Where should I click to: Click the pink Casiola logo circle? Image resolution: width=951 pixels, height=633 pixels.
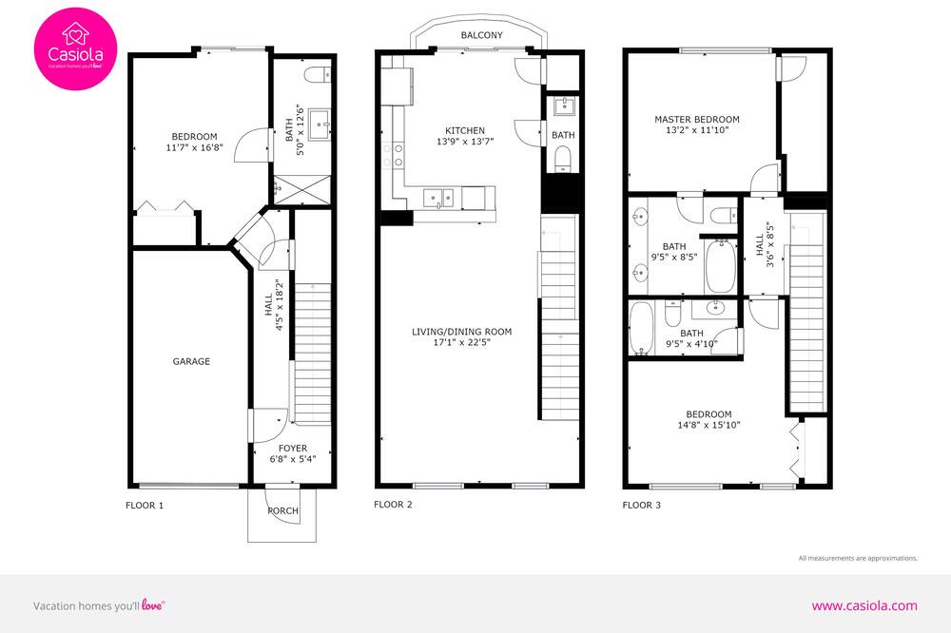click(75, 49)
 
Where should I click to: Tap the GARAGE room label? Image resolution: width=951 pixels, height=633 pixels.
click(191, 361)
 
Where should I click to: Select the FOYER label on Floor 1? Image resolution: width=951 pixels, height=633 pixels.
click(293, 448)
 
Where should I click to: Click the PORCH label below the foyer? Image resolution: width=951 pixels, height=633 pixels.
click(282, 510)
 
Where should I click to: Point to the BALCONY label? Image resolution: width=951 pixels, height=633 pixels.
click(481, 35)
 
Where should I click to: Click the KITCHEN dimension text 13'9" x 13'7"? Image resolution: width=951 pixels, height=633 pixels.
click(465, 142)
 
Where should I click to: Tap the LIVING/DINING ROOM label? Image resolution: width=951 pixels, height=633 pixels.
click(461, 332)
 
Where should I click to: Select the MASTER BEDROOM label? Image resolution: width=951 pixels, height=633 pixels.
click(697, 120)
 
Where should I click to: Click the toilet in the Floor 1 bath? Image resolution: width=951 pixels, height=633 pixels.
click(318, 75)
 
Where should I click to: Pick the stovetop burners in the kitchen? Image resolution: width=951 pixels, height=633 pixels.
click(392, 155)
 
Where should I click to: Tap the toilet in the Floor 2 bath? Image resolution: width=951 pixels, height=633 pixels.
click(563, 159)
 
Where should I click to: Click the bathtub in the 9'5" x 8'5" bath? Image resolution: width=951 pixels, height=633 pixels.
click(721, 266)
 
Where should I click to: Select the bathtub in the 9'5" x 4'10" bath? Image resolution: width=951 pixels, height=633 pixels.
click(641, 328)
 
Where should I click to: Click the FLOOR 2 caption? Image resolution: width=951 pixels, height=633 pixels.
click(393, 505)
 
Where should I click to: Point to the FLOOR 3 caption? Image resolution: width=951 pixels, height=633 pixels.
click(642, 505)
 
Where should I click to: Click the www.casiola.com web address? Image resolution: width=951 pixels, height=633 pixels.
click(864, 605)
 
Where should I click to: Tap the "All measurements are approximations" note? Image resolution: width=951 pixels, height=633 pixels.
click(858, 558)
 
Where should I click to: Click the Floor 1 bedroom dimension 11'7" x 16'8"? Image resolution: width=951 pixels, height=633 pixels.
click(195, 147)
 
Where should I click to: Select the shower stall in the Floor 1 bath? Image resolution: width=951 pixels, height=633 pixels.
click(302, 190)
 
